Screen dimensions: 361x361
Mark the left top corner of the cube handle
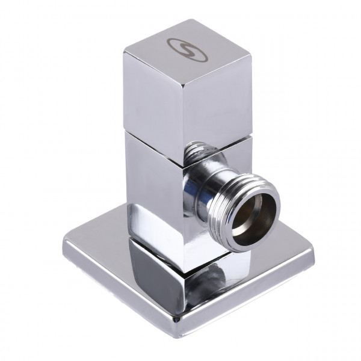[x=125, y=53]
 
